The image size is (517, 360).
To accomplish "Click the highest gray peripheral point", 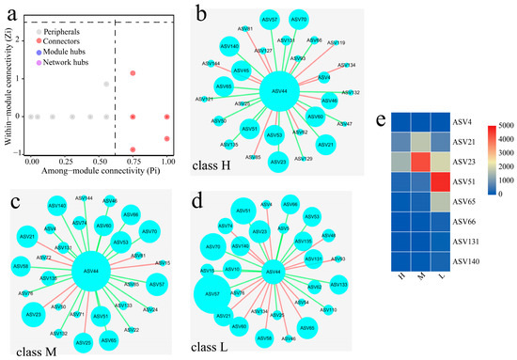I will coord(107,85).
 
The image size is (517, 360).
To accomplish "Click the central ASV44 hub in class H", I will coord(278,90).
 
